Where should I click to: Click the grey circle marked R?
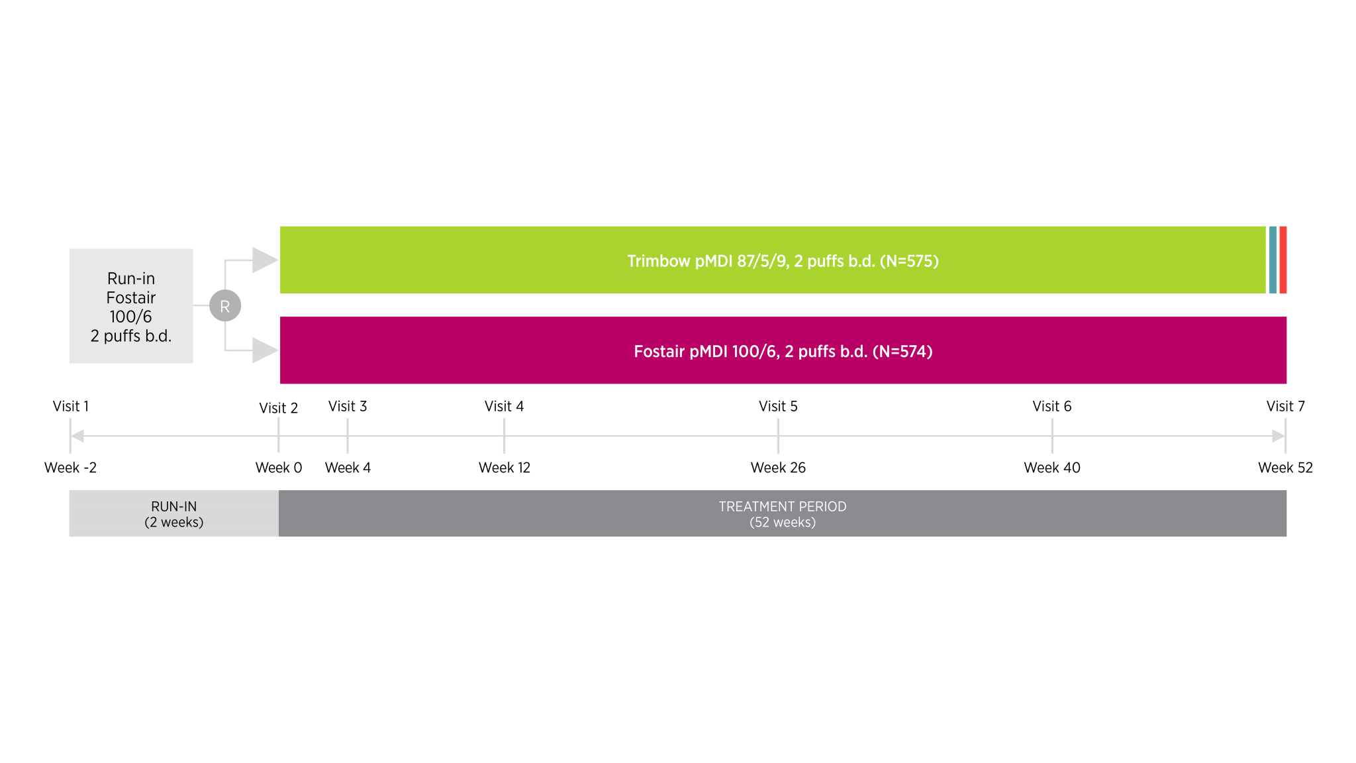(x=225, y=306)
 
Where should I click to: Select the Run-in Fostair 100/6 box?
(x=131, y=306)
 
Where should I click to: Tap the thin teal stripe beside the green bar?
(x=1273, y=260)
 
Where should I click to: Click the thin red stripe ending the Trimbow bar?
(x=1283, y=260)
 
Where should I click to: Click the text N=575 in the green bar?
(x=909, y=261)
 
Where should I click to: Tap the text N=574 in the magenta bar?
(x=902, y=351)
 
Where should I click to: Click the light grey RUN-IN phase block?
(x=173, y=513)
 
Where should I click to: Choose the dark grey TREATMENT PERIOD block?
(x=783, y=513)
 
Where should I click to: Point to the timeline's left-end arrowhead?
(x=77, y=436)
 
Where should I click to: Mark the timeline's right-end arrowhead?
(x=1279, y=436)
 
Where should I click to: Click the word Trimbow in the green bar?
(x=659, y=261)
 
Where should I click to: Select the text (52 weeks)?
(x=783, y=523)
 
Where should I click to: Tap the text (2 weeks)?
(x=173, y=523)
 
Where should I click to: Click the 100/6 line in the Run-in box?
(x=131, y=317)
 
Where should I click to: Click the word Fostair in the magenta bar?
(x=659, y=351)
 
